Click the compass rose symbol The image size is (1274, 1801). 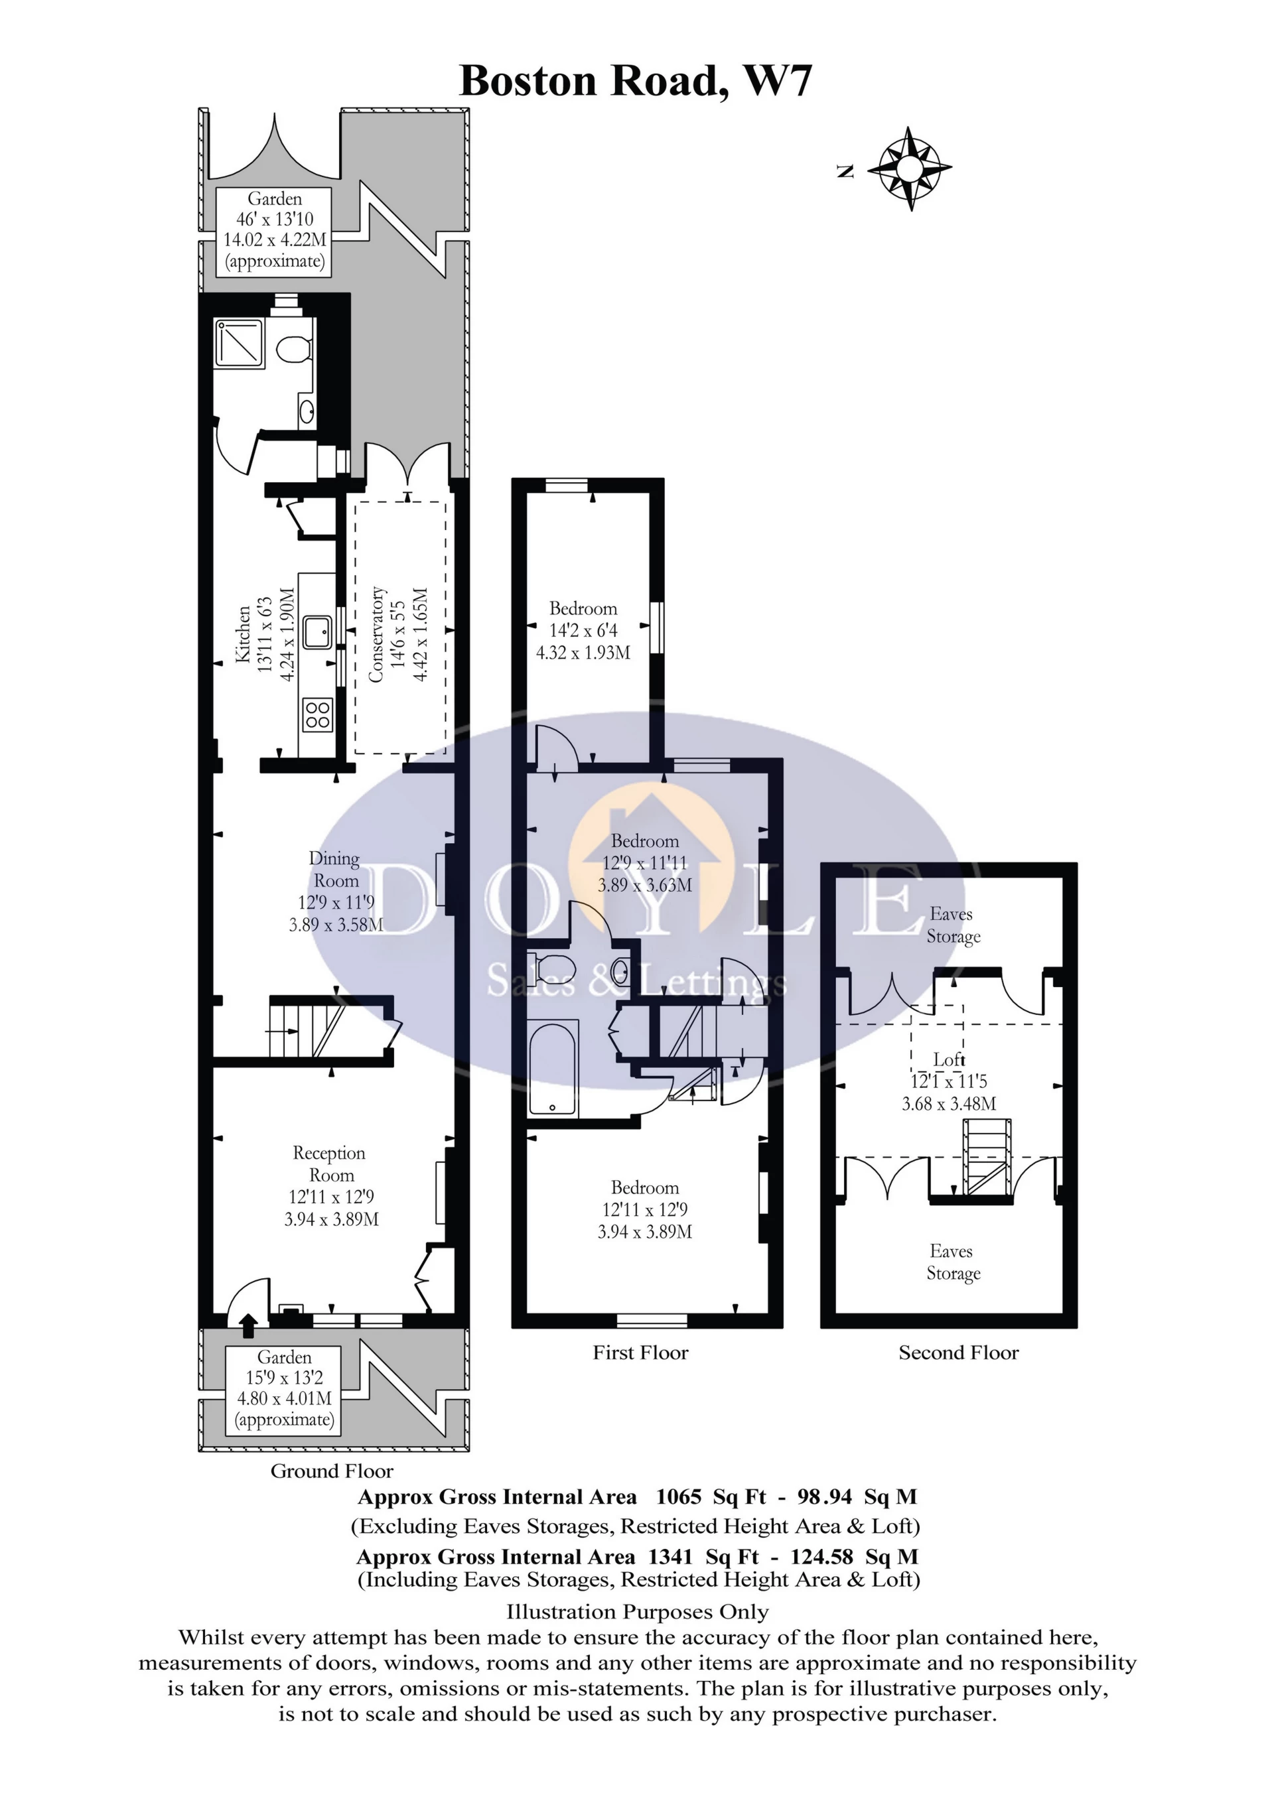click(909, 168)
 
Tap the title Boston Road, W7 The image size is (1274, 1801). click(636, 81)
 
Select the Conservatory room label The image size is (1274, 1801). click(399, 634)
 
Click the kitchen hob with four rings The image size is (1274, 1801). click(317, 714)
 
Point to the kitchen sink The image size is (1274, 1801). click(318, 632)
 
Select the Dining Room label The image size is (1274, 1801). click(336, 892)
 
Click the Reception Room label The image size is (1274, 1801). click(331, 1185)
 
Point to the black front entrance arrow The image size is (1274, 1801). click(249, 1325)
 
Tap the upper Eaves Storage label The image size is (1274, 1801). click(952, 925)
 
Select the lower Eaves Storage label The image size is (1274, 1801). click(952, 1262)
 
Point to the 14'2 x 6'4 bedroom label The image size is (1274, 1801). click(583, 631)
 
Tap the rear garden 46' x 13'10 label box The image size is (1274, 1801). click(274, 231)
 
